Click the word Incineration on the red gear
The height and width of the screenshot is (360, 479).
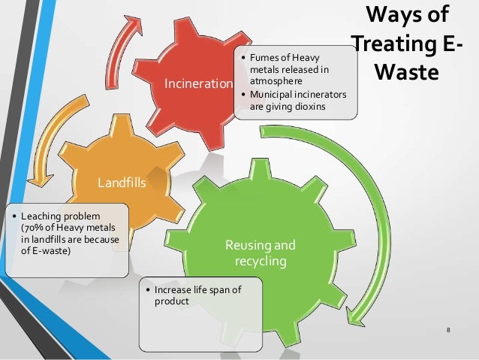pos(200,83)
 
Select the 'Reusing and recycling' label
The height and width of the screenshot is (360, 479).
pos(261,252)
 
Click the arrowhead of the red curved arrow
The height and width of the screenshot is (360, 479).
pos(131,24)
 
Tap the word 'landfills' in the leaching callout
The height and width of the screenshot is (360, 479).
pos(47,238)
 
